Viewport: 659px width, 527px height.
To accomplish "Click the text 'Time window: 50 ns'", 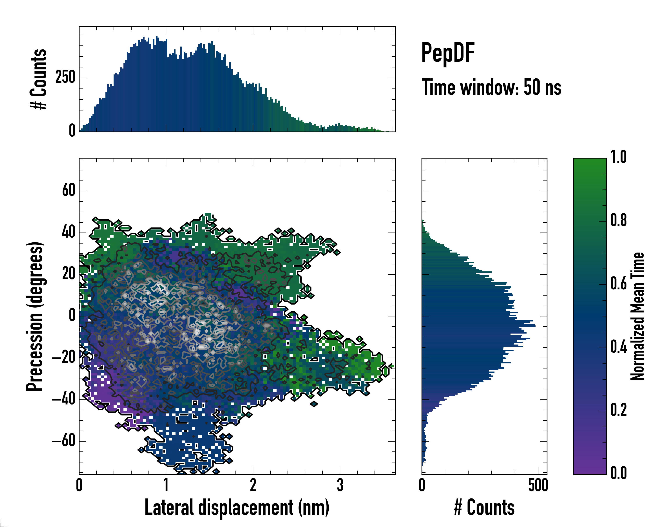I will (x=491, y=88).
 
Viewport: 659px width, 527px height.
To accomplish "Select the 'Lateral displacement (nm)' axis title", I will (x=237, y=507).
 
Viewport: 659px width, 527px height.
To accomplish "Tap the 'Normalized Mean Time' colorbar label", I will (x=637, y=316).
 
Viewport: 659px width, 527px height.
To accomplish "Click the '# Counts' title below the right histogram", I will (x=484, y=507).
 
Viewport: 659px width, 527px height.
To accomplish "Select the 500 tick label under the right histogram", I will (x=538, y=485).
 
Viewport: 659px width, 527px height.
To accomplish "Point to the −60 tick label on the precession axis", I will (x=63, y=441).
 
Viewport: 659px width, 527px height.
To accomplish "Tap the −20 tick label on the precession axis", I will (x=63, y=357).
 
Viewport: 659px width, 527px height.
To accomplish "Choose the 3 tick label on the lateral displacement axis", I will (x=340, y=485).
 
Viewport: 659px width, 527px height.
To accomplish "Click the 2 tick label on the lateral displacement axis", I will (x=253, y=485).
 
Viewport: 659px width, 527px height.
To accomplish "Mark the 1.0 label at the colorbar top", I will (x=618, y=157).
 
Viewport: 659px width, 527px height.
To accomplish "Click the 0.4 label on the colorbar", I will (x=618, y=347).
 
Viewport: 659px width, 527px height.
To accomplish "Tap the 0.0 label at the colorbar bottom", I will (x=618, y=473).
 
